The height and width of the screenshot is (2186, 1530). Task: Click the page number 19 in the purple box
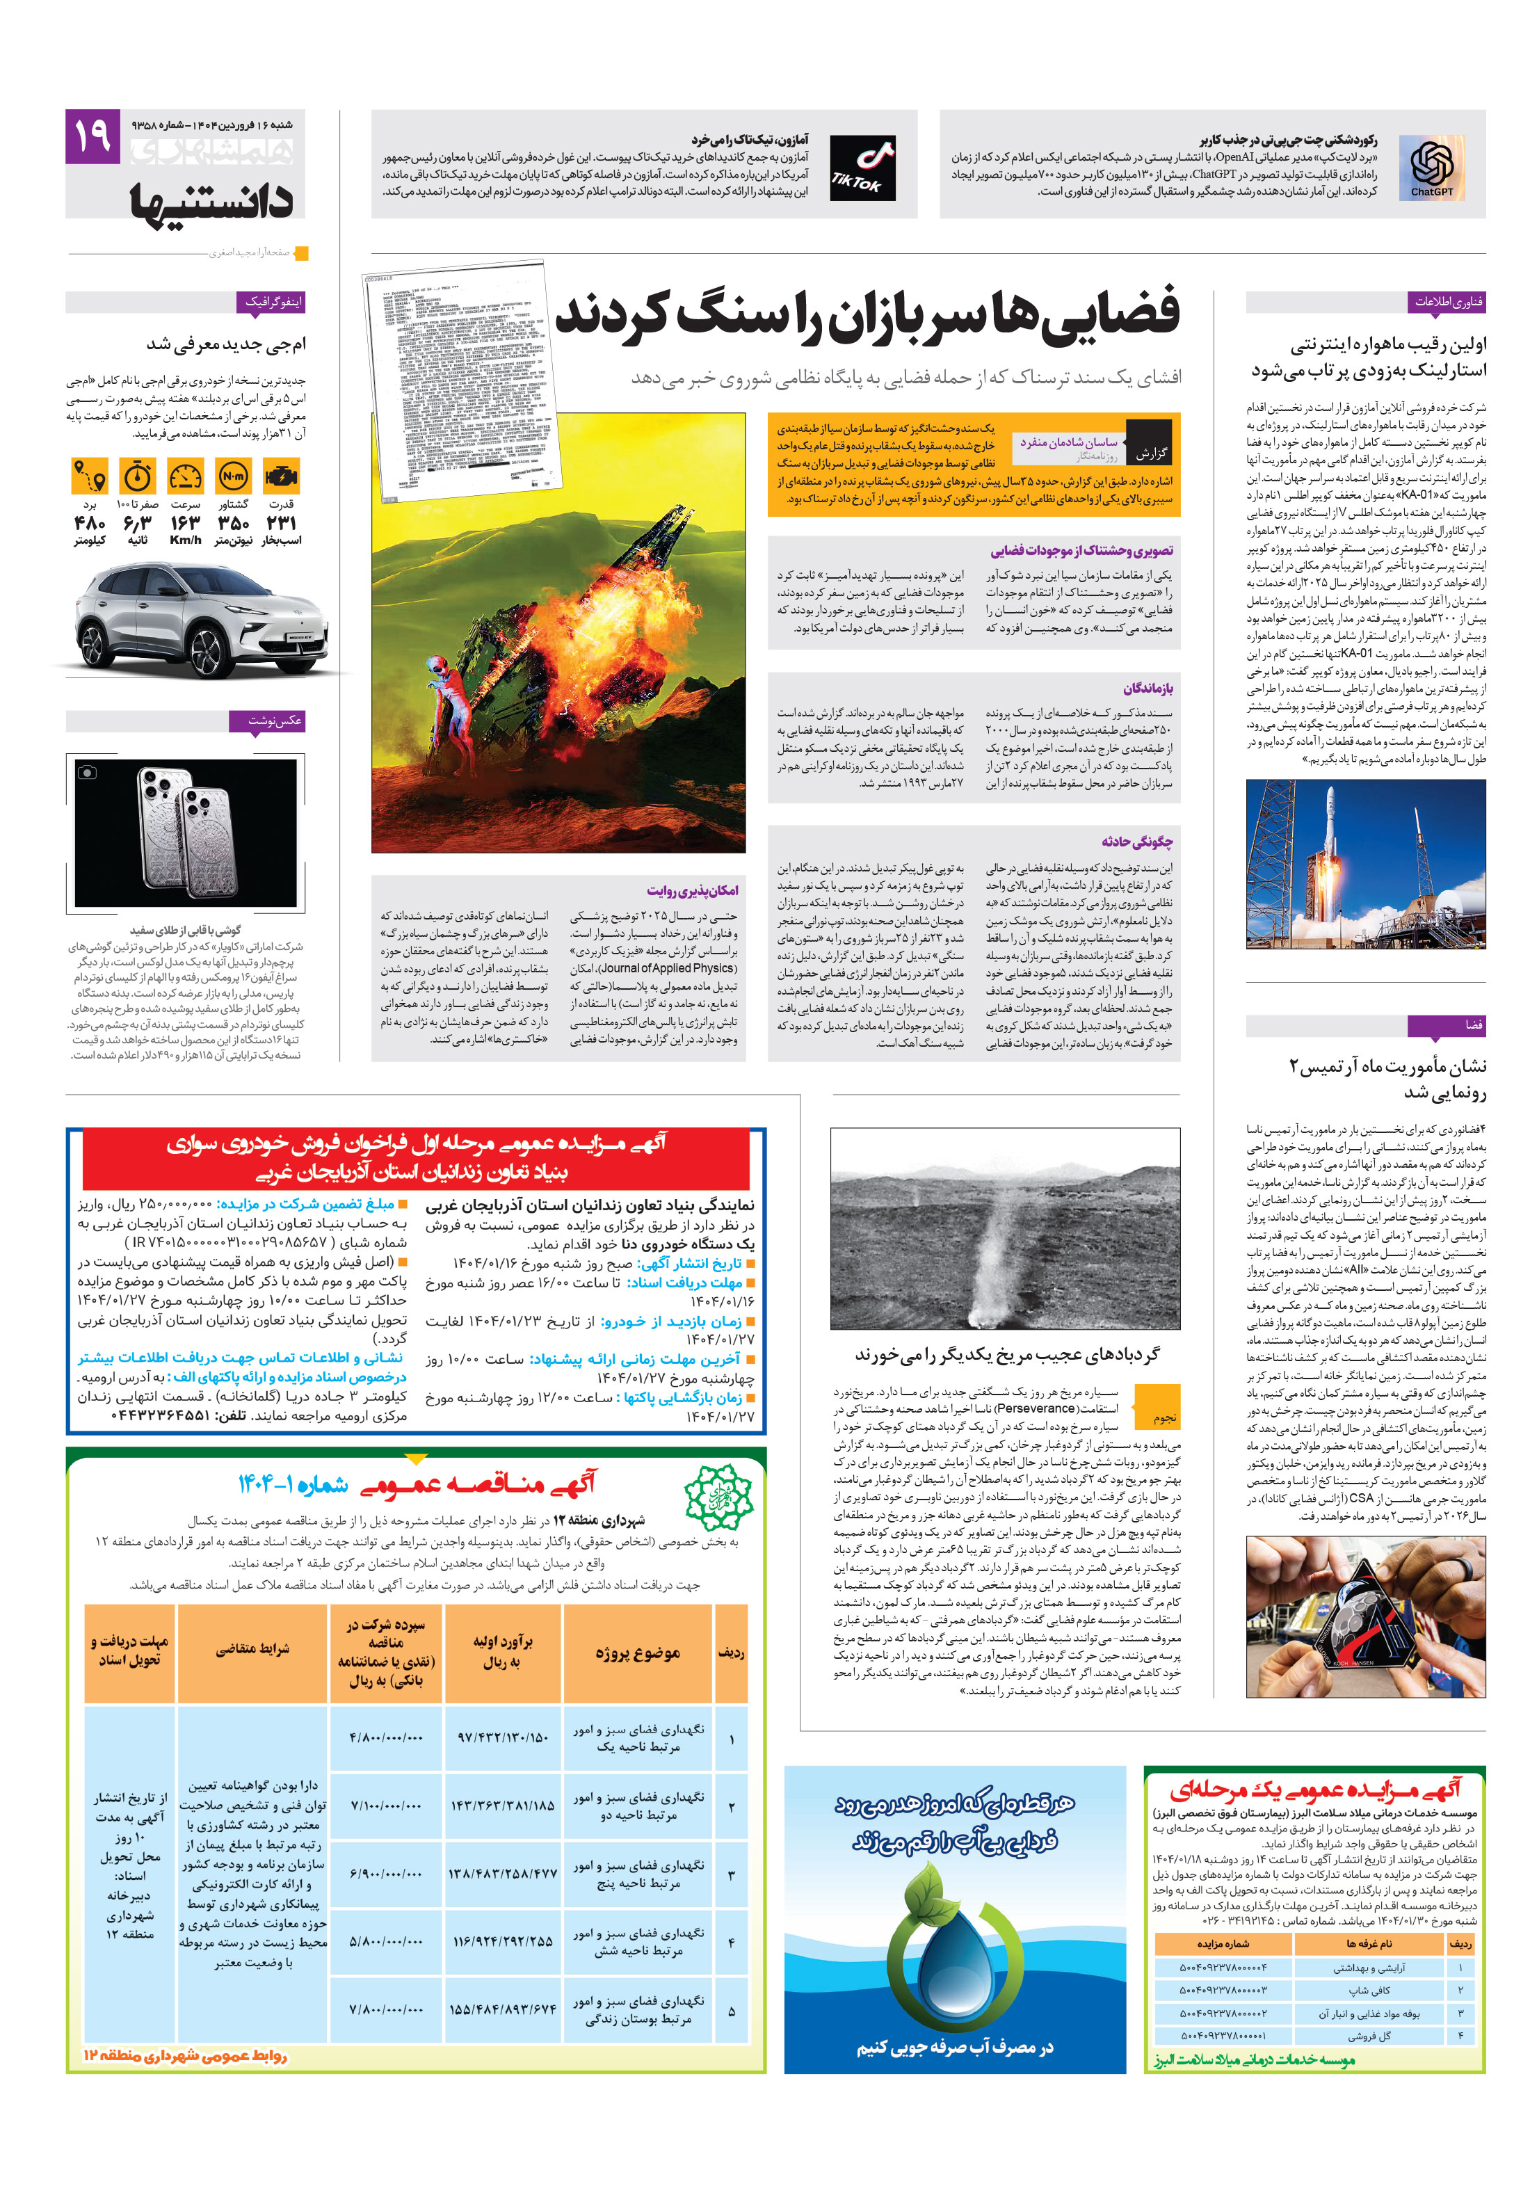click(x=92, y=137)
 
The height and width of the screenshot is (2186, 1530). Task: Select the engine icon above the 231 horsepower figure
click(x=282, y=475)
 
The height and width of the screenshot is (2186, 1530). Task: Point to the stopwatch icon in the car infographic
click(x=138, y=475)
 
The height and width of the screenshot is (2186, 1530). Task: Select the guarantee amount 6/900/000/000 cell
click(x=385, y=1874)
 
